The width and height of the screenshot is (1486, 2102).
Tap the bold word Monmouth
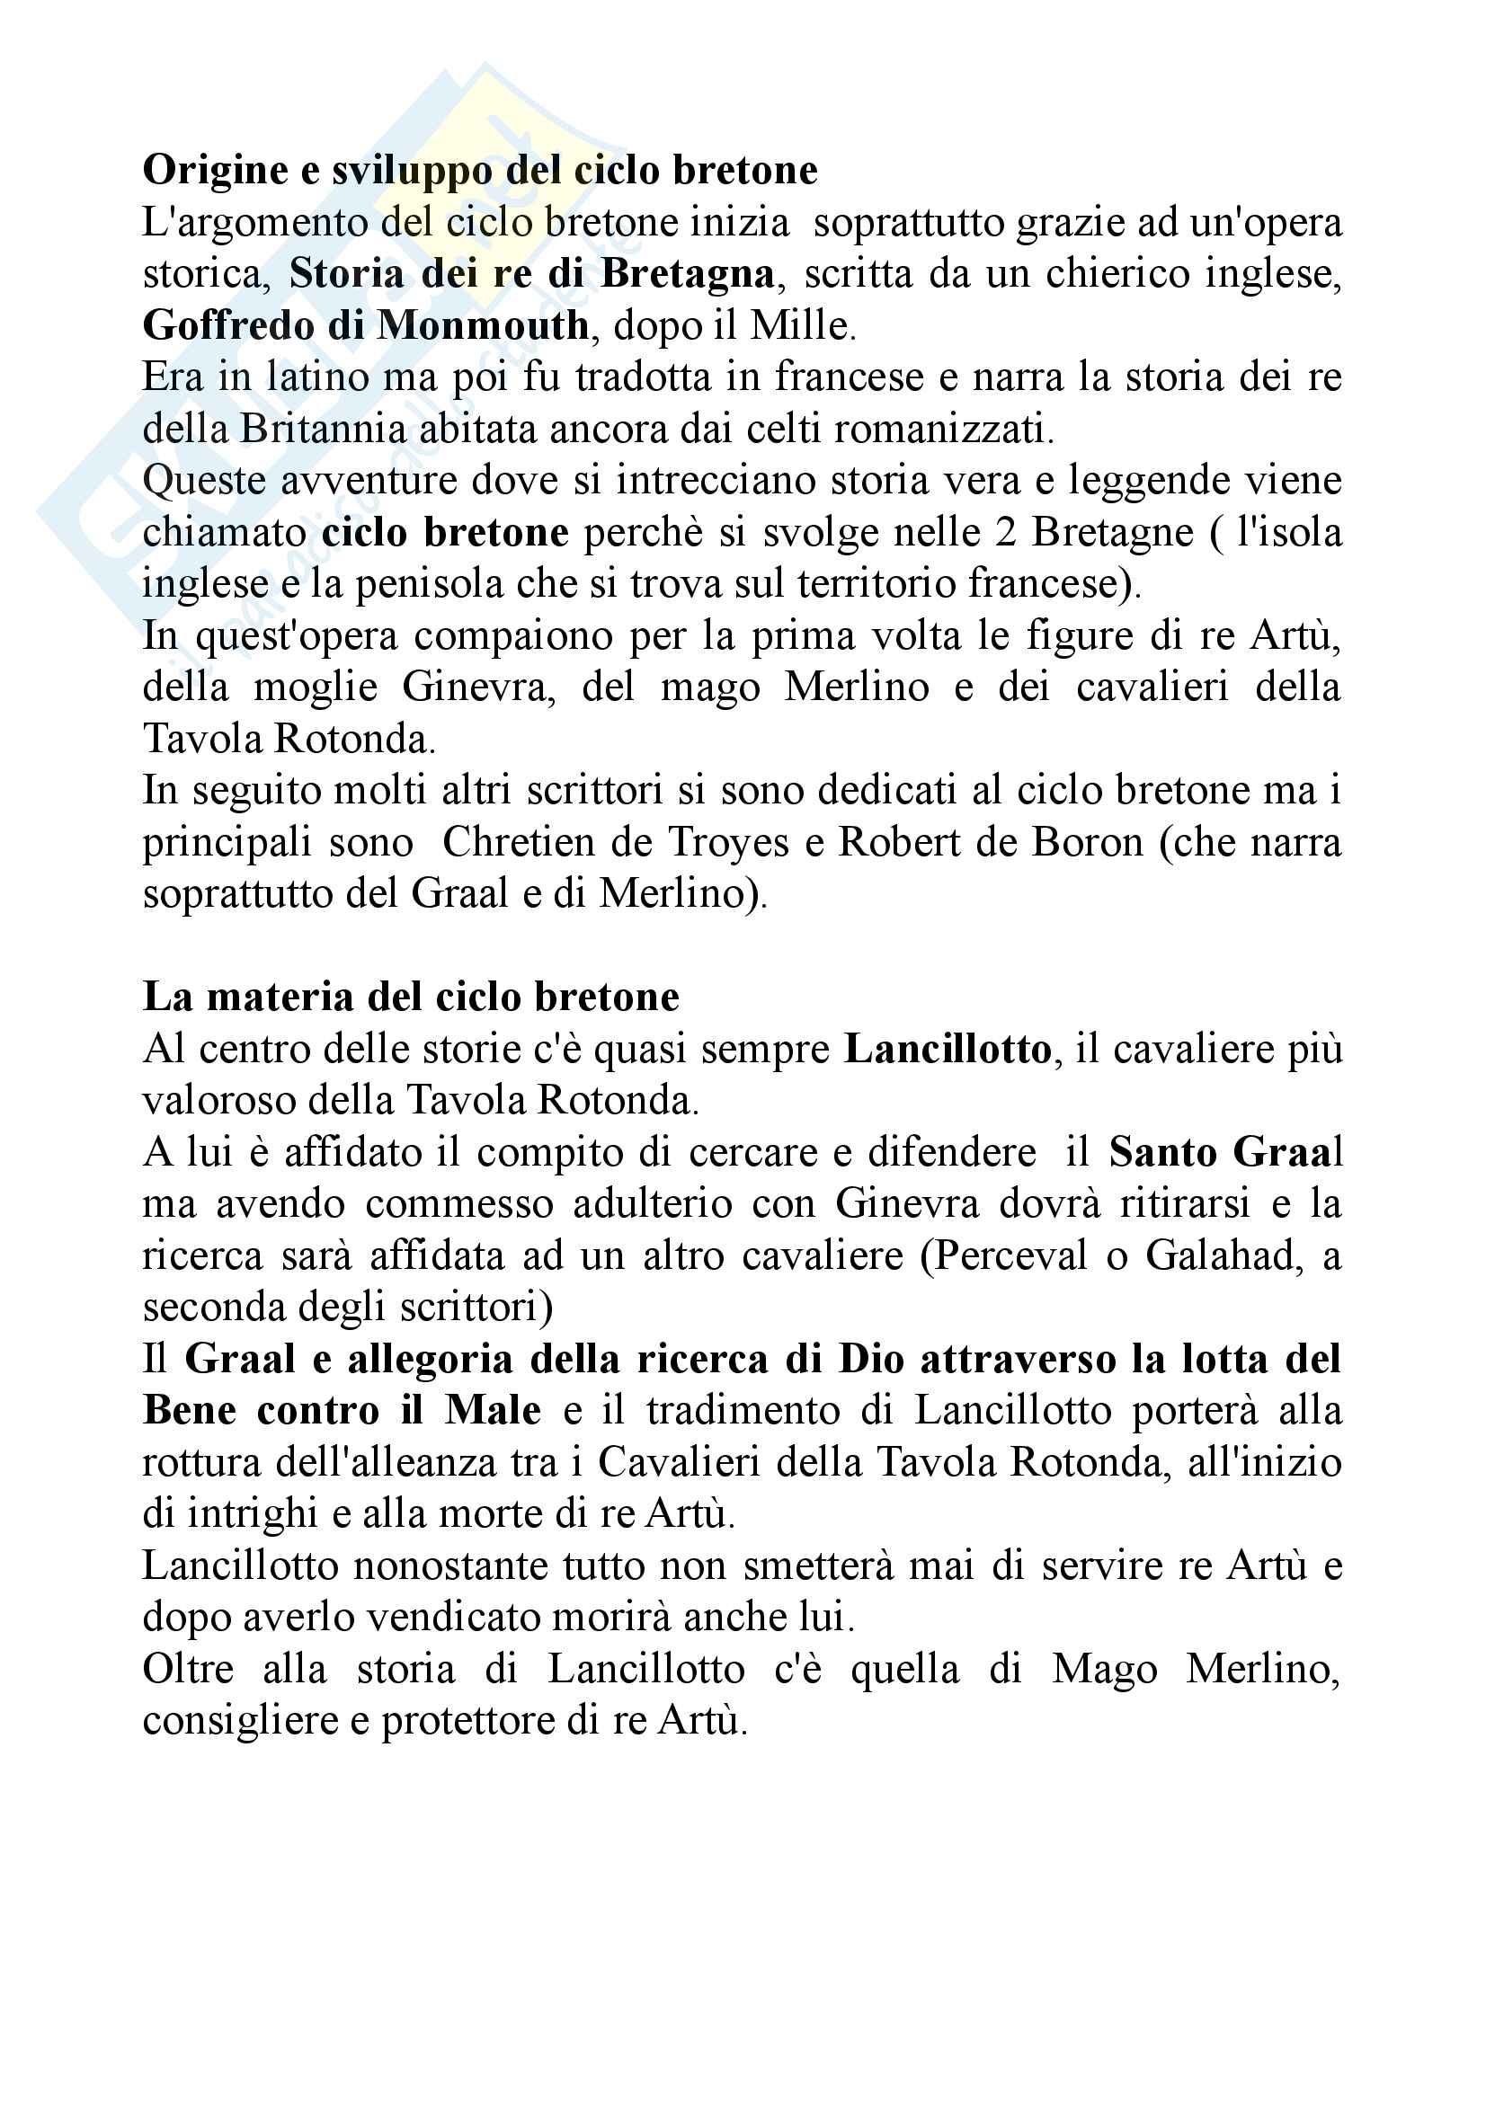tap(483, 326)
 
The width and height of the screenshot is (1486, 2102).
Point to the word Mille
tap(798, 326)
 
